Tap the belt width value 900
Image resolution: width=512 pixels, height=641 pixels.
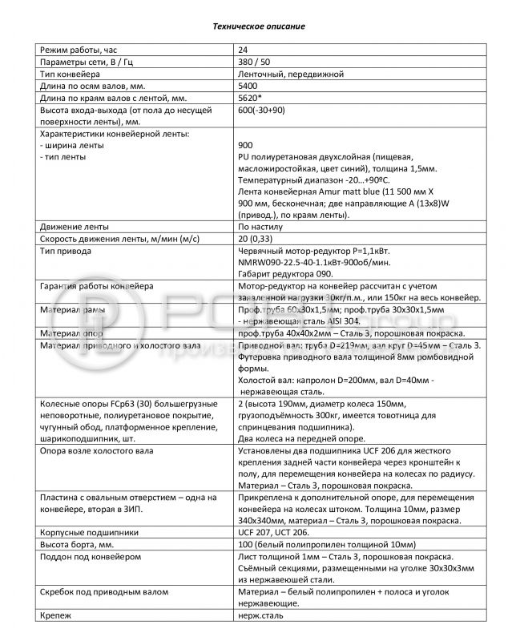coord(245,147)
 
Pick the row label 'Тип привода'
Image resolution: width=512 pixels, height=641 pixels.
coord(64,251)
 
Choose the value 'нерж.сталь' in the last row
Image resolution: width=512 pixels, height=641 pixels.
coord(260,615)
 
